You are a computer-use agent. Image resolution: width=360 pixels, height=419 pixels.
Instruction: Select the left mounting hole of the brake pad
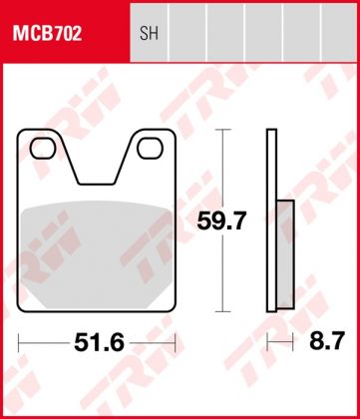43,151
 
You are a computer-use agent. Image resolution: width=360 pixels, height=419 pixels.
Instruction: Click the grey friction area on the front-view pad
97,249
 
